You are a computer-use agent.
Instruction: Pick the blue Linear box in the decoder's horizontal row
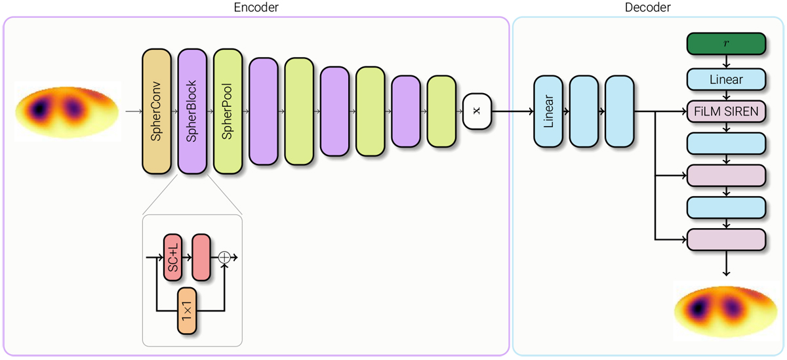coord(549,111)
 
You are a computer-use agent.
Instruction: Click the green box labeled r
coord(726,44)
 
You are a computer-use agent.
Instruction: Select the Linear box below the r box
coord(726,79)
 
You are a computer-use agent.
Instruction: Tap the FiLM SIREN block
coord(726,111)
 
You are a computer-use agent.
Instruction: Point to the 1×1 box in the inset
coord(188,312)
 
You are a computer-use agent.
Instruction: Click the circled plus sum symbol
coord(224,258)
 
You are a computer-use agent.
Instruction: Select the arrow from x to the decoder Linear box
coord(512,111)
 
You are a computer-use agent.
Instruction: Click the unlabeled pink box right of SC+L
coord(200,258)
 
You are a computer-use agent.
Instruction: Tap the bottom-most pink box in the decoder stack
coord(726,239)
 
